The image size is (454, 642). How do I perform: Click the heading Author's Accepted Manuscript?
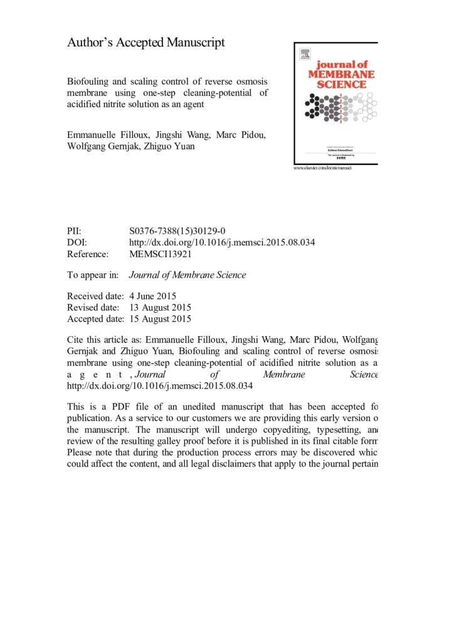[145, 43]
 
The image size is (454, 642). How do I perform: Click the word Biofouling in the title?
[91, 83]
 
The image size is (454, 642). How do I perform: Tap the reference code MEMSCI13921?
[160, 254]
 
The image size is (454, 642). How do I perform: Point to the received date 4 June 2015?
[152, 296]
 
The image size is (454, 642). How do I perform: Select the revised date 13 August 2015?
[159, 307]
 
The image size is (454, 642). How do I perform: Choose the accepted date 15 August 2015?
[159, 318]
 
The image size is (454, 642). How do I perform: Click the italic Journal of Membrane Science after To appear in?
[187, 275]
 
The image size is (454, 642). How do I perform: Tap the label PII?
[74, 231]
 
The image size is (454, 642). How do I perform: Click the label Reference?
[88, 254]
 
